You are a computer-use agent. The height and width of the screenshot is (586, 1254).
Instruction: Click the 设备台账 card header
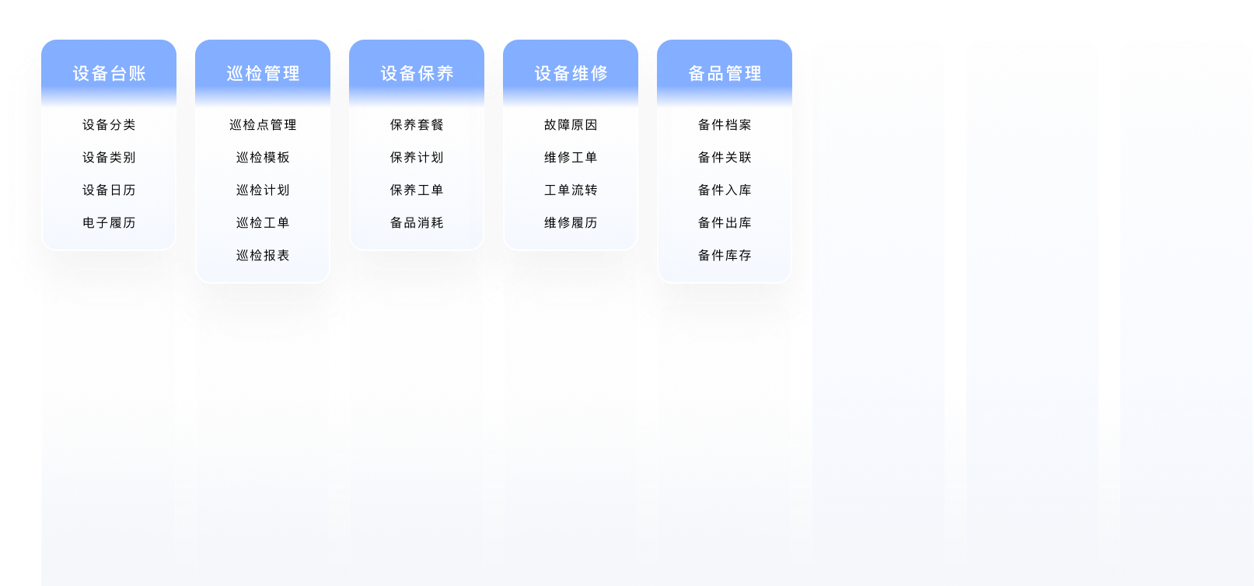click(109, 73)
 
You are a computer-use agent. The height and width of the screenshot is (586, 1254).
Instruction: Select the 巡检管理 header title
click(263, 73)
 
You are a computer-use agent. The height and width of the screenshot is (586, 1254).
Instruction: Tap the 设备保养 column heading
click(417, 73)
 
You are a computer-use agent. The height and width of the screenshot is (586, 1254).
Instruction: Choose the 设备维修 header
click(571, 73)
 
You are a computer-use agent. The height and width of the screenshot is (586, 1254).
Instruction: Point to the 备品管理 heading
click(725, 73)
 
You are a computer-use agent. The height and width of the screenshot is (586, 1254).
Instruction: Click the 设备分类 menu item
click(109, 125)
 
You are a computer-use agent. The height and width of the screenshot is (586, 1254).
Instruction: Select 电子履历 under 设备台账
click(109, 223)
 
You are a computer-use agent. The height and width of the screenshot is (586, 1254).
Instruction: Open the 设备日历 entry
click(109, 190)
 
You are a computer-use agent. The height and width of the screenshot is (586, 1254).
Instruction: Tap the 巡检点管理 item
click(263, 125)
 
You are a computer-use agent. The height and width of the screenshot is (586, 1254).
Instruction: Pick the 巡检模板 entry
click(263, 157)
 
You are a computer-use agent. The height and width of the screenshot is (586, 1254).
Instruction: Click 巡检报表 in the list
click(263, 255)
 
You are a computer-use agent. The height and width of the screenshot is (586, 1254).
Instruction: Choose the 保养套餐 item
click(417, 125)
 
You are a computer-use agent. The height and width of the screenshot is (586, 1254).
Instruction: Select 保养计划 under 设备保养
click(417, 157)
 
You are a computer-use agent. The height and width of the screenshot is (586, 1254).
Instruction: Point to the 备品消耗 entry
click(417, 223)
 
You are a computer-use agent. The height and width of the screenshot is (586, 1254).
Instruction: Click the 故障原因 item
click(571, 125)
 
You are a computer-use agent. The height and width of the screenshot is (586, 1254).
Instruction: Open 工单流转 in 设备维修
click(571, 190)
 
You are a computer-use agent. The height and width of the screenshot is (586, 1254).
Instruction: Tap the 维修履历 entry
click(571, 223)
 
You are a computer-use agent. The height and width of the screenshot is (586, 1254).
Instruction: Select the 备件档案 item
click(725, 125)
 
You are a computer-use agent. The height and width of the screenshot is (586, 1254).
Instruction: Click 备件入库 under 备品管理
click(725, 190)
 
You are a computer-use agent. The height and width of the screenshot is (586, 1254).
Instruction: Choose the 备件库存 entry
click(725, 255)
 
